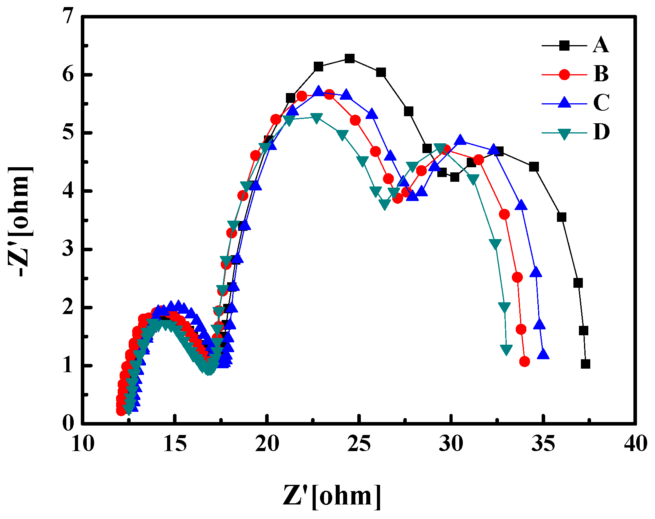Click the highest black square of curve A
[349, 59]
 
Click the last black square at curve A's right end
[586, 364]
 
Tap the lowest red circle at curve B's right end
[524, 362]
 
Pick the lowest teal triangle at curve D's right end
[506, 349]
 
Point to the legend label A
[601, 45]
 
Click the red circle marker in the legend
[564, 75]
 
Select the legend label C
[601, 103]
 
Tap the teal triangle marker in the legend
[564, 134]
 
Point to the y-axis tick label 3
[69, 249]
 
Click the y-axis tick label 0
[69, 423]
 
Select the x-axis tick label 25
[359, 444]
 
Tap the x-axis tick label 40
[635, 444]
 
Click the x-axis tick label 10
[83, 444]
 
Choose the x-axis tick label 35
[543, 444]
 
